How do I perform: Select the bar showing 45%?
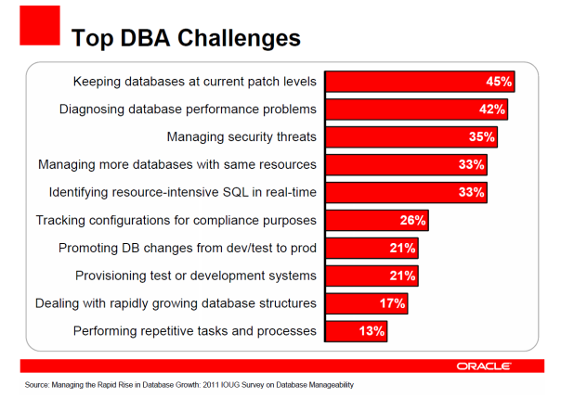click(x=418, y=82)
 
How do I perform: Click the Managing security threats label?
click(x=241, y=137)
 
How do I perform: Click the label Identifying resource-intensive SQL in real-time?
click(x=182, y=193)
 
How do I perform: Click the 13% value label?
click(x=372, y=331)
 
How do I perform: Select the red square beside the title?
click(x=40, y=25)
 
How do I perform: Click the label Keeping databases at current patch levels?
click(x=194, y=82)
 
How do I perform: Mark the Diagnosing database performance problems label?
click(x=188, y=109)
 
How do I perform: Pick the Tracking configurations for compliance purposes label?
click(x=176, y=221)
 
